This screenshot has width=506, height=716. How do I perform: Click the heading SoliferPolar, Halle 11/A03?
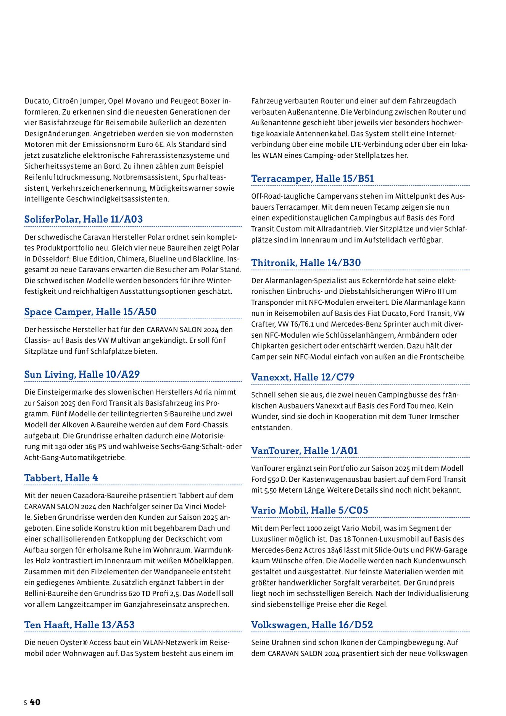pos(84,219)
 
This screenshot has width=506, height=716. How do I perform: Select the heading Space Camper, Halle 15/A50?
pos(90,312)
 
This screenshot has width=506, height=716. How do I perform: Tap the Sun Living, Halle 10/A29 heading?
pos(82,374)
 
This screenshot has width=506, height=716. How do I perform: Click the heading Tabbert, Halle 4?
pos(61,478)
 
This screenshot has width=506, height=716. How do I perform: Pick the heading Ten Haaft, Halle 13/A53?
pos(79,625)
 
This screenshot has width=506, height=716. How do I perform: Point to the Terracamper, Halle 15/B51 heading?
pos(313,178)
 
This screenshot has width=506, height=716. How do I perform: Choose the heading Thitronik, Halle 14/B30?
pos(306,263)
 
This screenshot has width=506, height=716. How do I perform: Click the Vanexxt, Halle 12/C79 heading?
pos(303,377)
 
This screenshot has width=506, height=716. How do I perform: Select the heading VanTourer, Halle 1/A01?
pos(305,451)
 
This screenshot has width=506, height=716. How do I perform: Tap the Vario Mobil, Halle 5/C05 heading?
pos(309,510)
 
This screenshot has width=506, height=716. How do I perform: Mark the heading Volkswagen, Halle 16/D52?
pos(312,625)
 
